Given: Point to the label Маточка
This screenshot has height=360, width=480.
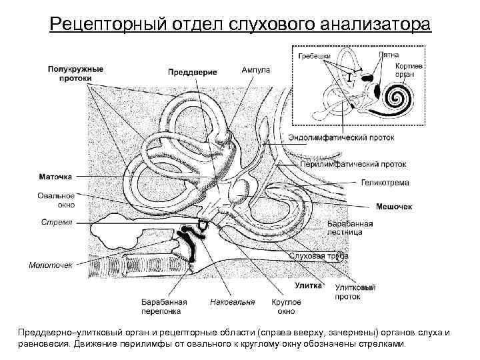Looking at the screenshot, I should point(55,177).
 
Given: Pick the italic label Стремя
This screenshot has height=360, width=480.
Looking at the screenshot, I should point(57,222).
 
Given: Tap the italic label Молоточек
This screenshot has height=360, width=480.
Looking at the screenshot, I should point(51,265).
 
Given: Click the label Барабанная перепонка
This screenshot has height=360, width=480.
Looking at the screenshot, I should point(163,306).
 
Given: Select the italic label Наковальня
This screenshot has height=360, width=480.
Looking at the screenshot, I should point(232,302).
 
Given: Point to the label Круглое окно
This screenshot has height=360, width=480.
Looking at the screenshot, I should point(286,306).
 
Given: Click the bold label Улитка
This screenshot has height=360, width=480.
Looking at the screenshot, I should point(309,285).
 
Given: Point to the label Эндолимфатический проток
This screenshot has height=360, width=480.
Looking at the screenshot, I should point(341,138).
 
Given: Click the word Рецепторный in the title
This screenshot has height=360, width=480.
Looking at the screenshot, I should point(106,25).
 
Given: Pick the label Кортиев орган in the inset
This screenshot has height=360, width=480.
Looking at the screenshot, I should point(406,71).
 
